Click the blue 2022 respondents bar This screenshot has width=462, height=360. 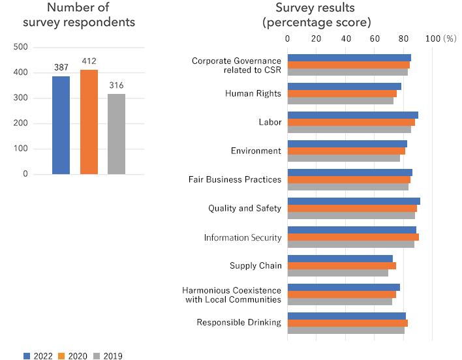61,125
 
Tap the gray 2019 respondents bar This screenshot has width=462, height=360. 116,134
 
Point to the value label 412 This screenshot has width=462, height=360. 89,61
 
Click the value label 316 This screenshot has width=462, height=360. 116,86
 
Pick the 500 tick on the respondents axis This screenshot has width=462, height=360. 20,47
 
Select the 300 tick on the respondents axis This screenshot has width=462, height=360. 20,98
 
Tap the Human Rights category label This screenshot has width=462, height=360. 253,93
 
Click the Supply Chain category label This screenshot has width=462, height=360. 256,265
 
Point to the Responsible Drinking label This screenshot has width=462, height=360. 239,322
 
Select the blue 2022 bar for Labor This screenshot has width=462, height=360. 352,115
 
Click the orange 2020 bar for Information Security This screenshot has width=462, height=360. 353,237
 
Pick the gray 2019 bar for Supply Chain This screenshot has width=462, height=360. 337,273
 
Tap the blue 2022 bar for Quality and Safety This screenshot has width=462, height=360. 354,201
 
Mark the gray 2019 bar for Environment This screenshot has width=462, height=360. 343,158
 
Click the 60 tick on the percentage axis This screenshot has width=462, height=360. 375,38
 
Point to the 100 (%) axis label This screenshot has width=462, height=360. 441,38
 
